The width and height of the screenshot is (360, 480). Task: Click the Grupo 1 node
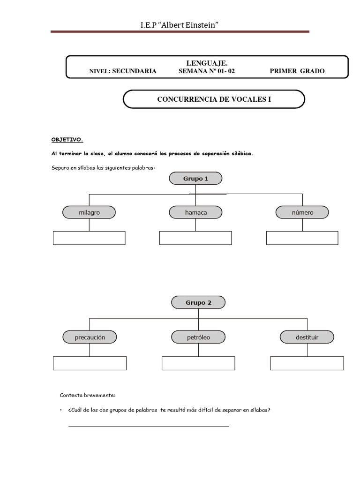196,179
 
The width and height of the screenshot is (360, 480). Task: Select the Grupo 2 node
198,302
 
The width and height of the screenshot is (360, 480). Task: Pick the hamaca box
196,212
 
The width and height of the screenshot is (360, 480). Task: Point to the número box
302,212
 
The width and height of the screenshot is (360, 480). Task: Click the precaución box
90,337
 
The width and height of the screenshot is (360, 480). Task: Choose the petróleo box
198,337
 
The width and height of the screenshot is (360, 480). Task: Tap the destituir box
307,337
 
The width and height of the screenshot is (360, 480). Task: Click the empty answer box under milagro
89,238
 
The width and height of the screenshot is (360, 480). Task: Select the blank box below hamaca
195,238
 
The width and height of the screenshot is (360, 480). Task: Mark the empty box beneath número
302,238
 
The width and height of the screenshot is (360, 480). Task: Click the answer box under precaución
90,363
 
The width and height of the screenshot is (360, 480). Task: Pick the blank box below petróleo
198,363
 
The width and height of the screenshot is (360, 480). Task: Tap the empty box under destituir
307,363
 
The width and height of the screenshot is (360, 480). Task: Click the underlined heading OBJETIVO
67,140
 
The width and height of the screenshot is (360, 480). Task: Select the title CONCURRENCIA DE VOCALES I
214,99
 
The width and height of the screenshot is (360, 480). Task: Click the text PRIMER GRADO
297,71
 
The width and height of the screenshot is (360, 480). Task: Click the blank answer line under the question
149,426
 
